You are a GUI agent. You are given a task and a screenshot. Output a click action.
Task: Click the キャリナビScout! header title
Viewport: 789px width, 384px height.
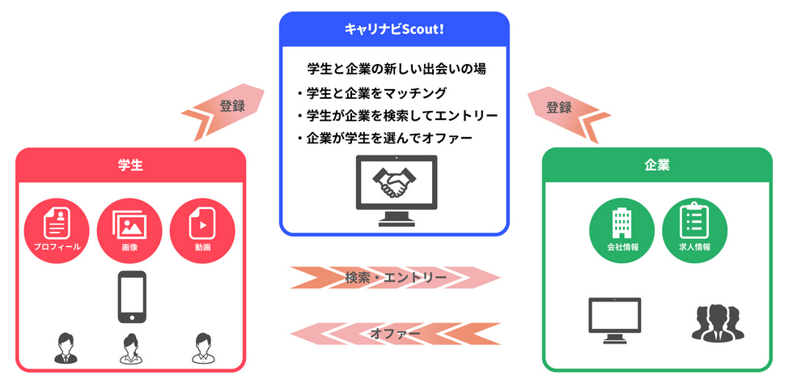click(394, 28)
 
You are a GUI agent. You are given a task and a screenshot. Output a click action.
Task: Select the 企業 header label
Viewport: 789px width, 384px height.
click(657, 165)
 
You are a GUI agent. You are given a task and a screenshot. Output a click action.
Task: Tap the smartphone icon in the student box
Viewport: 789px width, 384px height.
click(132, 297)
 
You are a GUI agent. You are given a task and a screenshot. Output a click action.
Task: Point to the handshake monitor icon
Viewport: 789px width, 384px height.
click(395, 187)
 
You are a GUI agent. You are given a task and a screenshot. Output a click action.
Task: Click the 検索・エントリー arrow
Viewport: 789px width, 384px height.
click(395, 278)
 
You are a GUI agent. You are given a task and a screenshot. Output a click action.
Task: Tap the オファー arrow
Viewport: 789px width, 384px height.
click(395, 333)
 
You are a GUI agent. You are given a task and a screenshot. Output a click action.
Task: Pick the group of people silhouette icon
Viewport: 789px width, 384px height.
click(716, 322)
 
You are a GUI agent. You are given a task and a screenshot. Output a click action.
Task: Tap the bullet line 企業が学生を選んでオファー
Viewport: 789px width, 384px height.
click(384, 138)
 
